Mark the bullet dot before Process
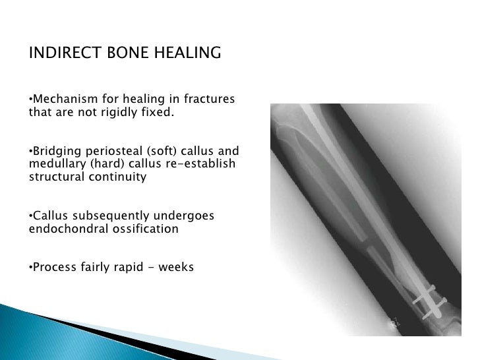coord(31,269)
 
